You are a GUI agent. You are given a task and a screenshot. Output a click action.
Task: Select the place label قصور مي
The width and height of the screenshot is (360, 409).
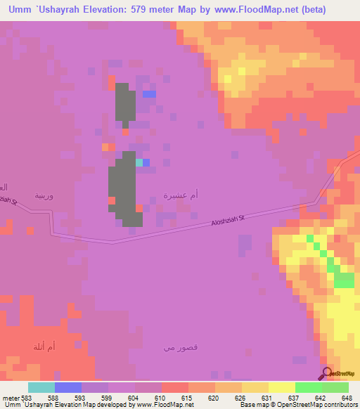tap(175, 348)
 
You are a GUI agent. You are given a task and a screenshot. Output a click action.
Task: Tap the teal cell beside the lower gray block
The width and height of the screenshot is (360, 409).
tap(139, 162)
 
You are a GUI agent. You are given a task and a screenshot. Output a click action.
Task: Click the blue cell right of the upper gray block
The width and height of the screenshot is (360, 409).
tap(149, 94)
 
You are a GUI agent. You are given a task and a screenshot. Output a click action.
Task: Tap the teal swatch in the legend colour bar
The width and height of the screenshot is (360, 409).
tap(41, 387)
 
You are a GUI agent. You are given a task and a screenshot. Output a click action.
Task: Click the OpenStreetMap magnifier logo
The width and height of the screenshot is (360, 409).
tap(327, 373)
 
